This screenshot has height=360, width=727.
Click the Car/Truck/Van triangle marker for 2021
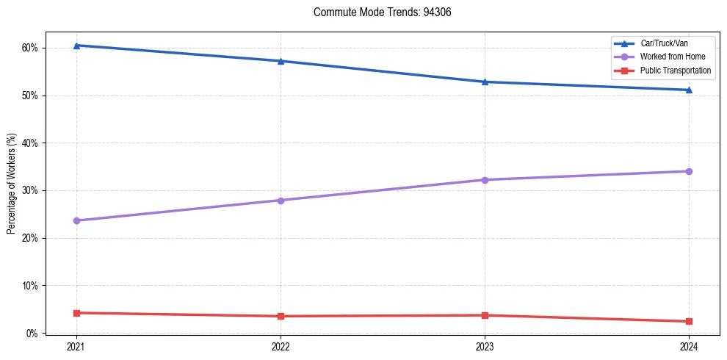pyautogui.click(x=76, y=46)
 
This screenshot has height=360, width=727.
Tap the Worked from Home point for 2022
pyautogui.click(x=281, y=201)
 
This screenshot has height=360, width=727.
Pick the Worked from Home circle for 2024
pyautogui.click(x=689, y=171)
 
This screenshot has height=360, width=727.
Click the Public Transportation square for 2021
pyautogui.click(x=76, y=313)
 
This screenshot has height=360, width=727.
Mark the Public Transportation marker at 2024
pyautogui.click(x=689, y=321)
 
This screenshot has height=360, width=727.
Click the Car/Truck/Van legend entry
pyautogui.click(x=664, y=44)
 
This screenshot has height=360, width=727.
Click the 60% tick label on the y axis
pyautogui.click(x=30, y=48)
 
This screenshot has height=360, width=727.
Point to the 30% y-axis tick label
pyautogui.click(x=30, y=190)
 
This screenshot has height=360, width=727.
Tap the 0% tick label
pyautogui.click(x=32, y=333)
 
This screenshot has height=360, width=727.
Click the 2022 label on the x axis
pyautogui.click(x=281, y=346)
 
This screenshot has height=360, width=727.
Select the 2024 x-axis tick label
pyautogui.click(x=689, y=346)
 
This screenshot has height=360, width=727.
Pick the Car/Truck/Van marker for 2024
pyautogui.click(x=689, y=90)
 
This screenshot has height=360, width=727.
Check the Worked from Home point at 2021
pyautogui.click(x=76, y=220)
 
